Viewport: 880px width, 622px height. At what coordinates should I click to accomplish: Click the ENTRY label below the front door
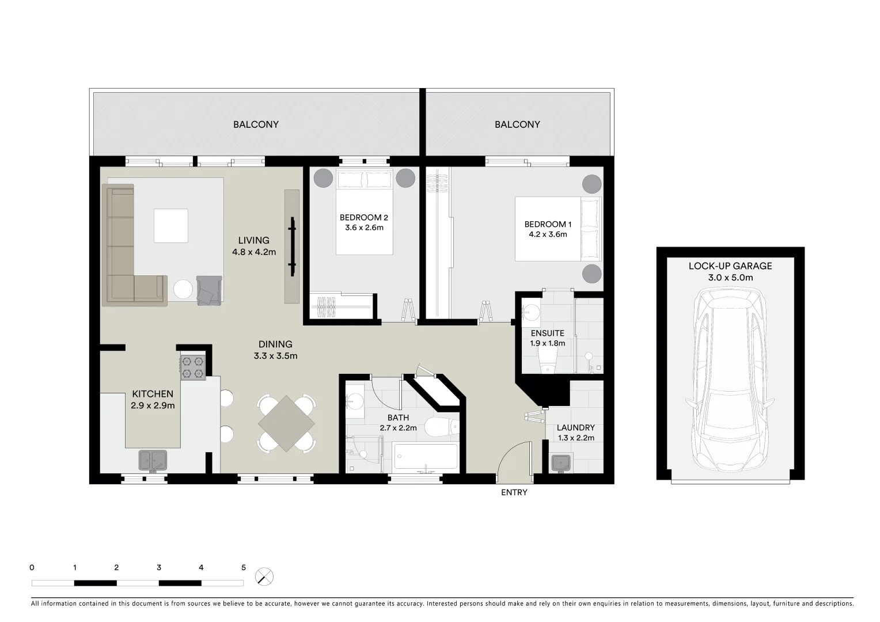pyautogui.click(x=514, y=492)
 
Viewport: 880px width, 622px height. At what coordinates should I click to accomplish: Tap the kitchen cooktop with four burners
pyautogui.click(x=193, y=367)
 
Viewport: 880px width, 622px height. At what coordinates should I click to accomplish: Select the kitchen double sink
pyautogui.click(x=153, y=460)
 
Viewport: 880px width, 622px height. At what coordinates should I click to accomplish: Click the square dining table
pyautogui.click(x=286, y=423)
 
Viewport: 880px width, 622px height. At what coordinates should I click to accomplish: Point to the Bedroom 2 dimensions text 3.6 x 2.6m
pyautogui.click(x=363, y=227)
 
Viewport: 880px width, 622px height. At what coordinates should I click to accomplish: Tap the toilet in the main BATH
pyautogui.click(x=442, y=427)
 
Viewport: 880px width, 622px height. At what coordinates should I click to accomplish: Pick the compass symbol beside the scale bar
pyautogui.click(x=264, y=577)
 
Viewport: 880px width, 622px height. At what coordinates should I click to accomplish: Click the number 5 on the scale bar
pyautogui.click(x=243, y=567)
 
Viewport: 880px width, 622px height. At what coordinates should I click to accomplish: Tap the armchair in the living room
pyautogui.click(x=208, y=290)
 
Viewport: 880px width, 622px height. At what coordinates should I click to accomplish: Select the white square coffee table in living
pyautogui.click(x=170, y=226)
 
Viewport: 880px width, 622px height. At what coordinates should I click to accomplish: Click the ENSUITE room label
pyautogui.click(x=547, y=333)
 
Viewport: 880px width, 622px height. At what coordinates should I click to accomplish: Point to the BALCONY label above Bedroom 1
pyautogui.click(x=517, y=124)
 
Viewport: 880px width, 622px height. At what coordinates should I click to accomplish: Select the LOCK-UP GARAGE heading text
pyautogui.click(x=730, y=266)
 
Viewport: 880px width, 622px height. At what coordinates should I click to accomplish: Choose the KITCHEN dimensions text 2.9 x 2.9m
pyautogui.click(x=153, y=405)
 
